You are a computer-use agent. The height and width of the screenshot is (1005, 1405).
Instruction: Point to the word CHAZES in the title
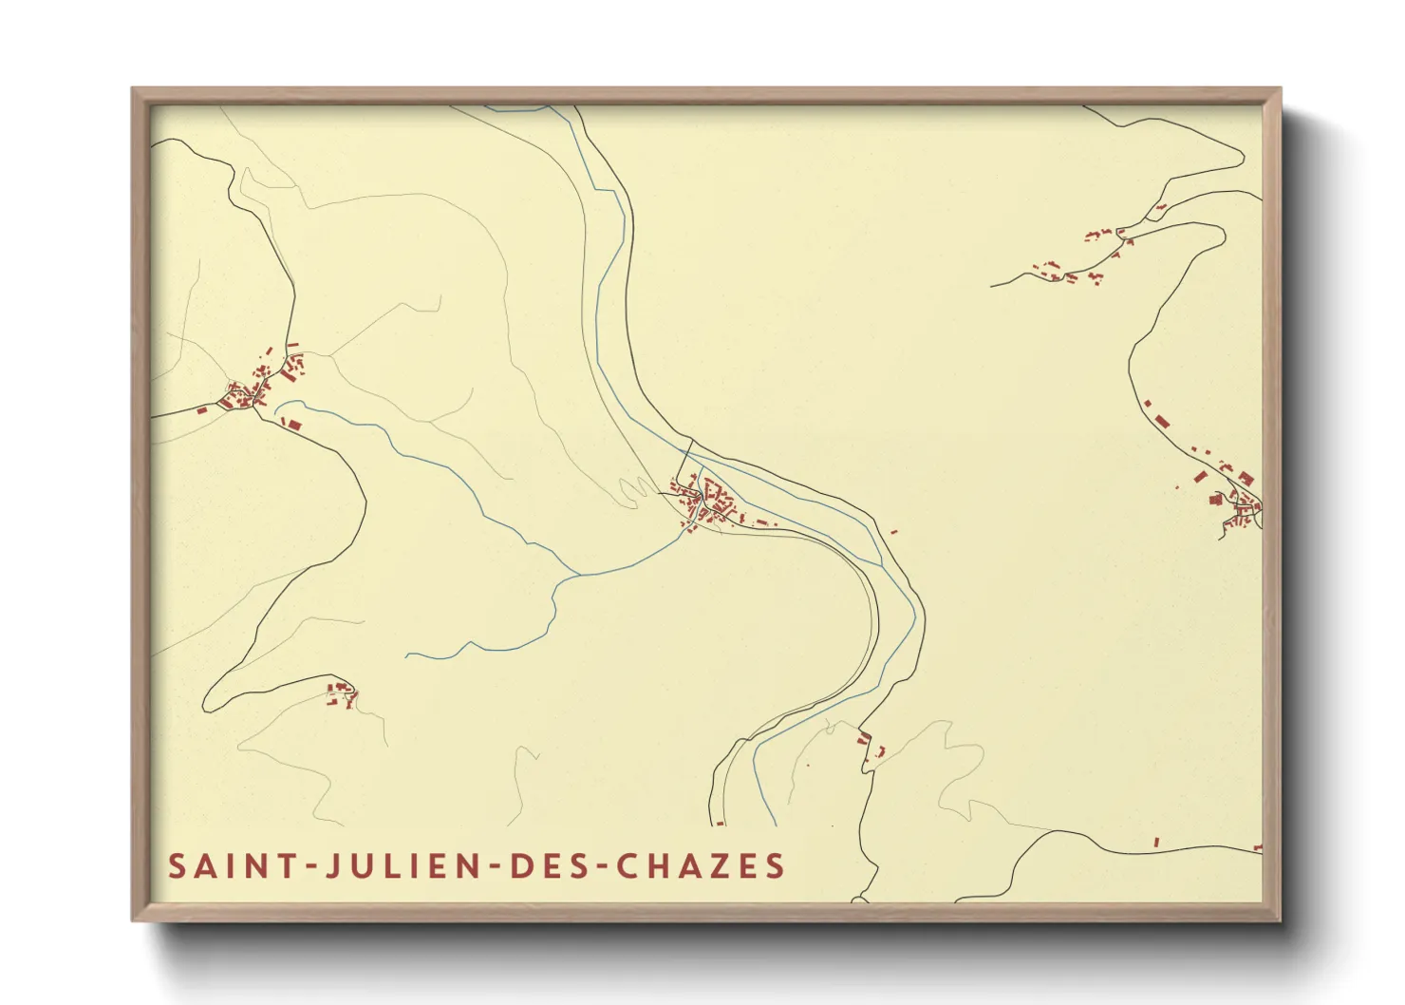[701, 866]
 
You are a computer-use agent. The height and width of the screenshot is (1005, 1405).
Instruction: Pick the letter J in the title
[333, 866]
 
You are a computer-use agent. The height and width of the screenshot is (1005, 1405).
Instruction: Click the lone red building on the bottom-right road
[1156, 842]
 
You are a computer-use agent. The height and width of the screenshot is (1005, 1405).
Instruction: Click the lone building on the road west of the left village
[201, 410]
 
